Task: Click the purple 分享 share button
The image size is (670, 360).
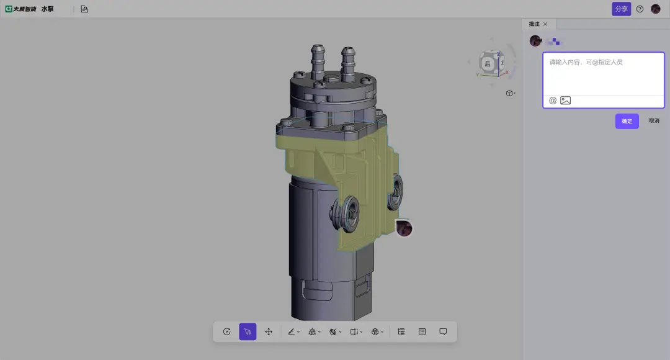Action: (621, 9)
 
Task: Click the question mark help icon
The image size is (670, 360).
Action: (640, 9)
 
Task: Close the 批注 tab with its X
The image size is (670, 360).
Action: (545, 24)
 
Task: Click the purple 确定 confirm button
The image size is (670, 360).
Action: (627, 121)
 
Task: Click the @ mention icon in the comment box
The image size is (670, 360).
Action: (553, 101)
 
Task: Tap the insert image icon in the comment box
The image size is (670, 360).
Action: (565, 101)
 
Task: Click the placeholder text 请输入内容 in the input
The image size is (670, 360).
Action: (586, 63)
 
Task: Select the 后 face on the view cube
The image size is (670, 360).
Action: (488, 64)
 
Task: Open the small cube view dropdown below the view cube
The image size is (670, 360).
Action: (510, 93)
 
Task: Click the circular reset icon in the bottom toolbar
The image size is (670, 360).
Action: (227, 332)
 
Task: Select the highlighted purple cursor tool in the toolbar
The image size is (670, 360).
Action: (248, 332)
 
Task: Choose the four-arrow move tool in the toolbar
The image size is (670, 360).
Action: (269, 332)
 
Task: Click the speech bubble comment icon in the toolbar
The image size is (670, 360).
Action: (443, 332)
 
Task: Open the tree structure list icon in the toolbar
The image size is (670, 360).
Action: (401, 332)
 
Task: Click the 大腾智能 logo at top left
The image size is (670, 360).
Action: (20, 9)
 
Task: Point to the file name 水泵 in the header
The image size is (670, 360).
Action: (48, 9)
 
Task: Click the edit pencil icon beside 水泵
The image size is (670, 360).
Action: (84, 9)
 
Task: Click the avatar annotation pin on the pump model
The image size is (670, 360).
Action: (404, 228)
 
